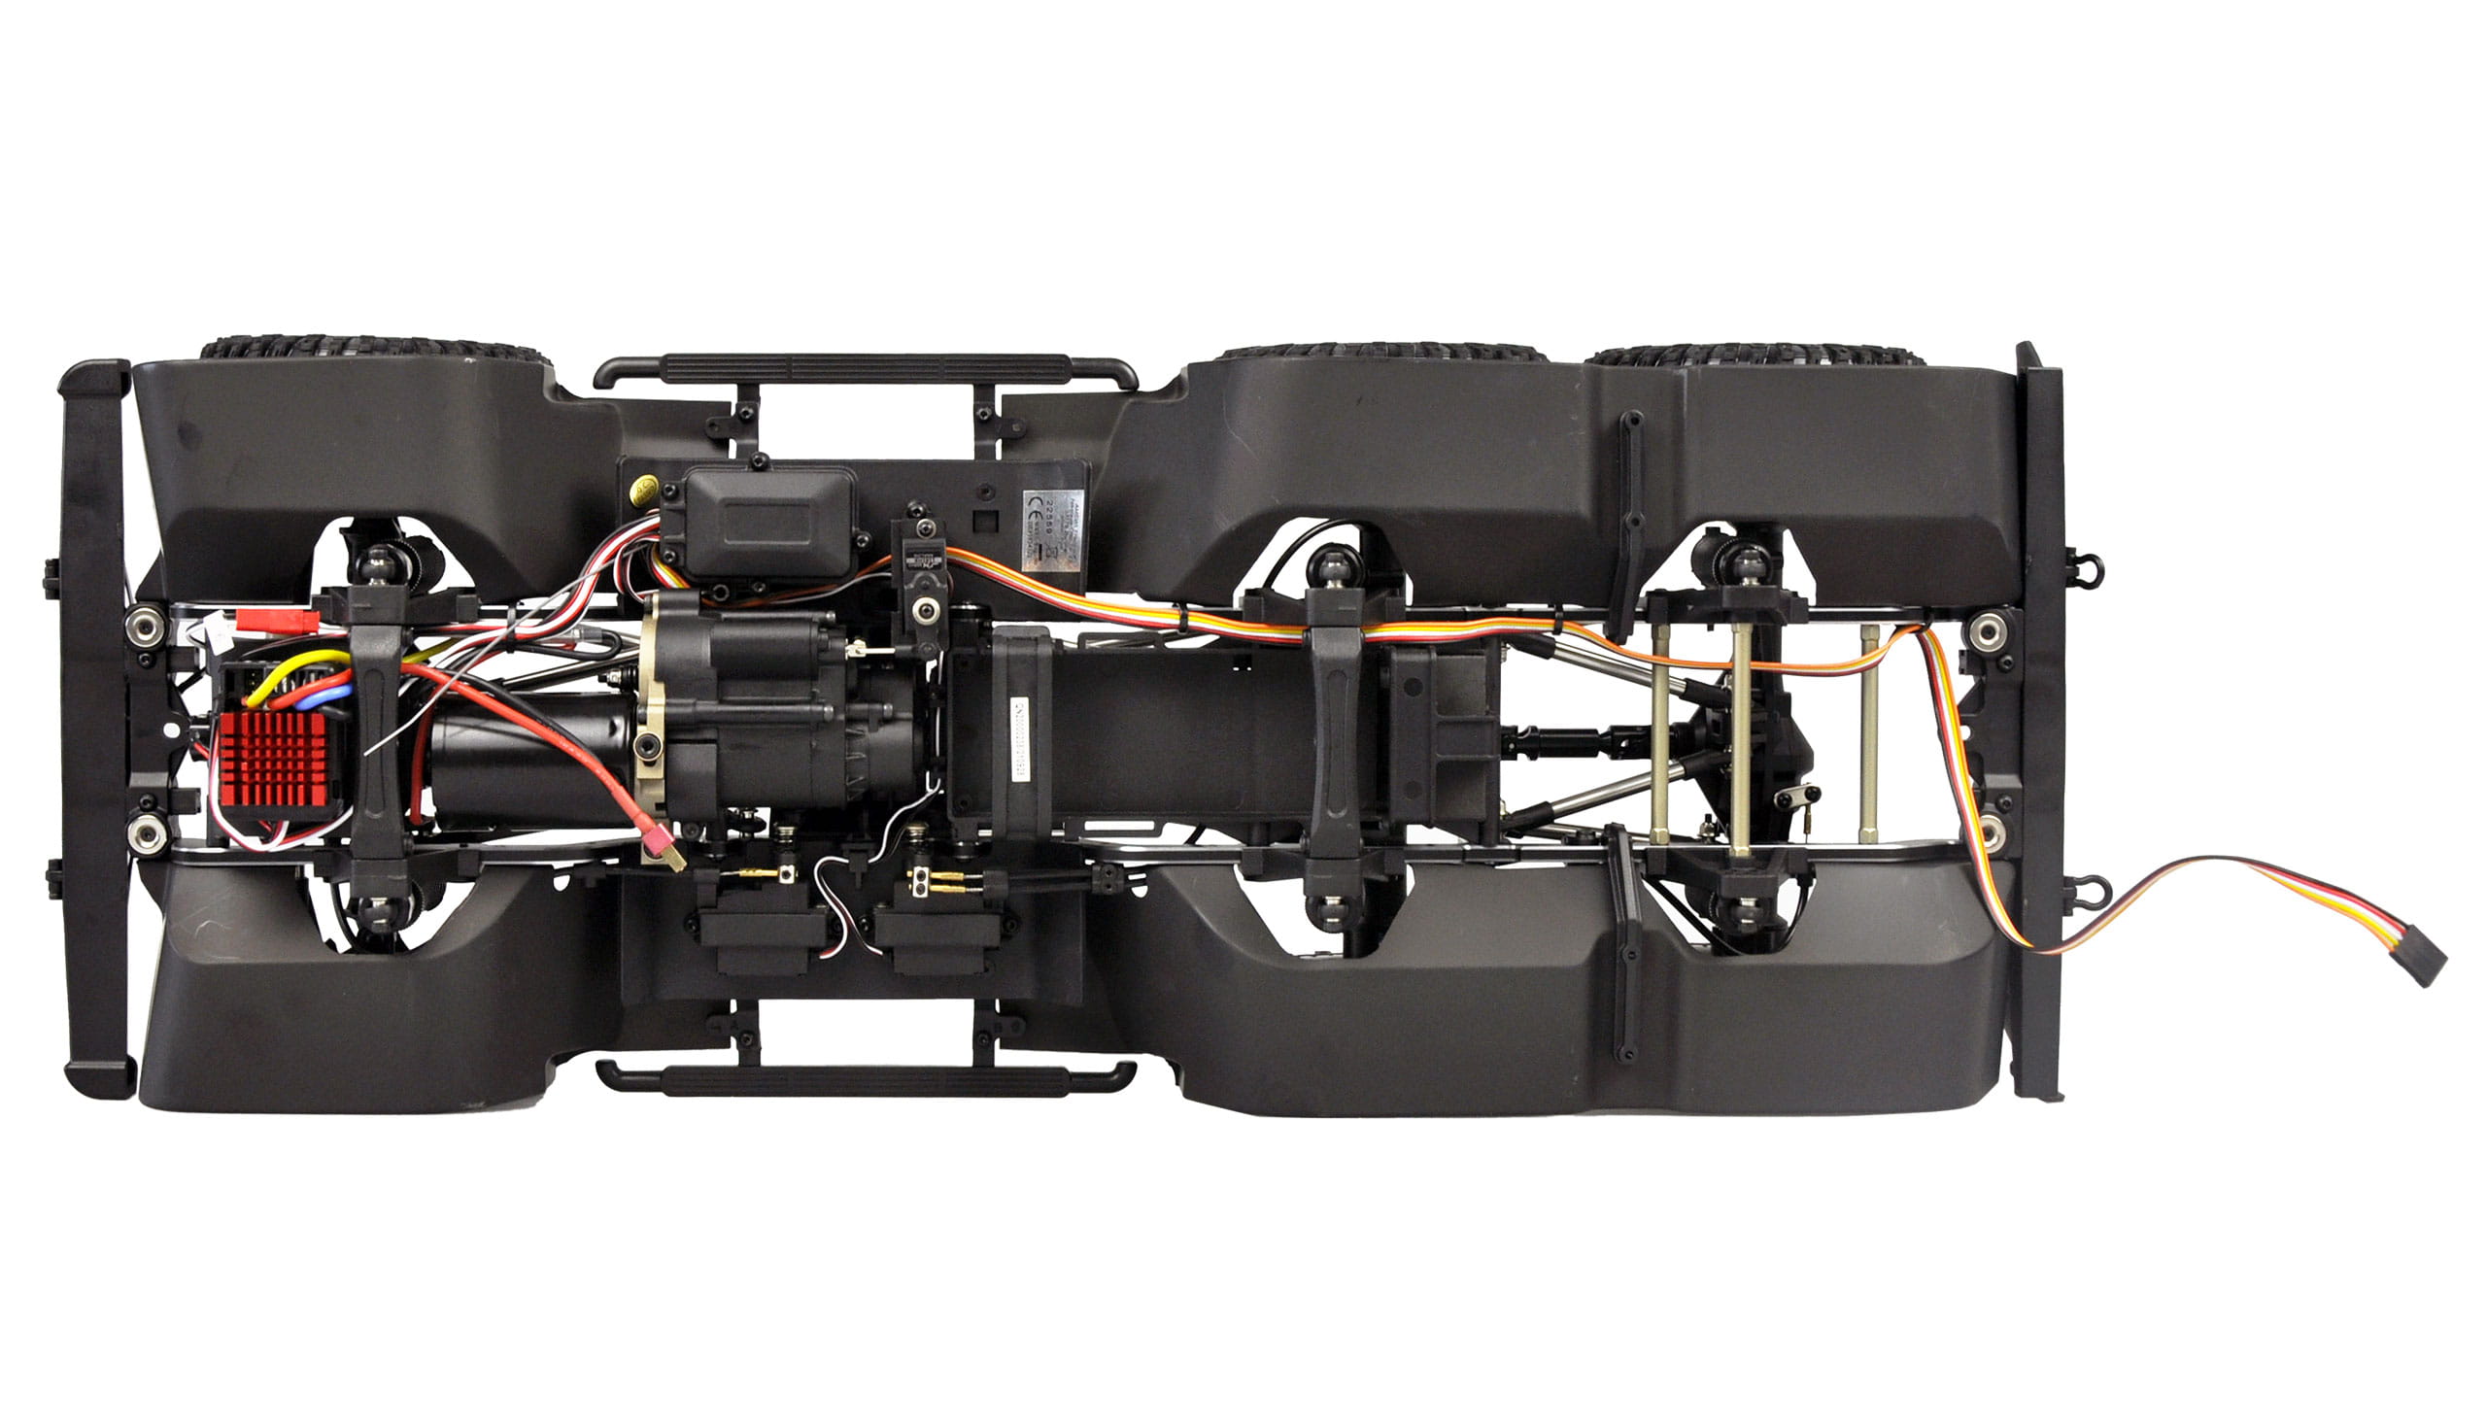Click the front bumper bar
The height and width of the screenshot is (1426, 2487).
(x=95, y=730)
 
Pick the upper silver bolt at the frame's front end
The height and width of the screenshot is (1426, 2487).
(x=147, y=623)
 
